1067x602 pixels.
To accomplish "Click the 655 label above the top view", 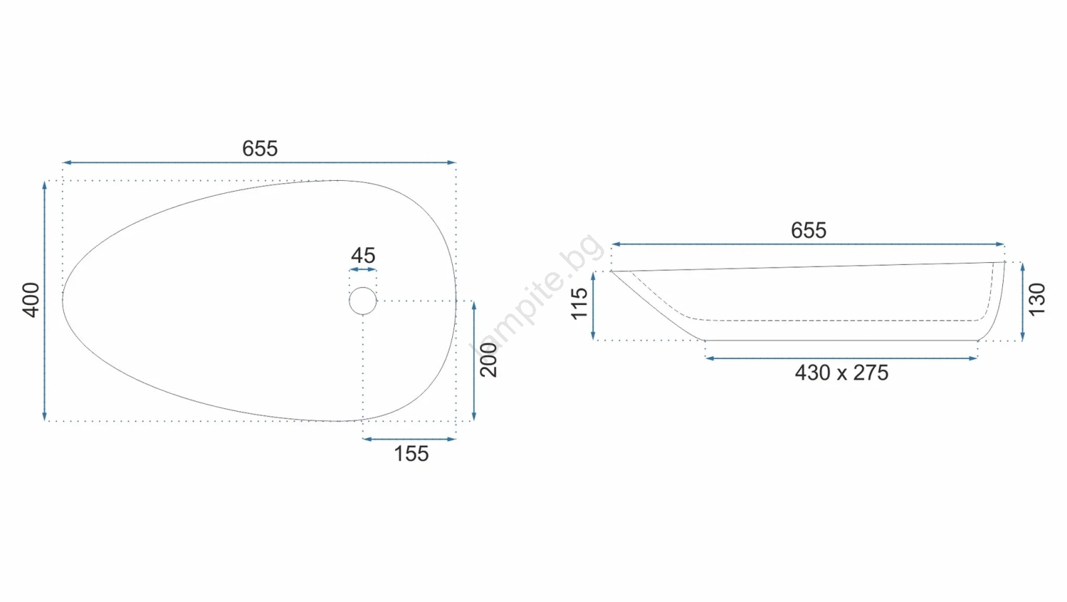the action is coord(259,148).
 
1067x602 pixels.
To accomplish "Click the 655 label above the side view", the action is coord(808,230).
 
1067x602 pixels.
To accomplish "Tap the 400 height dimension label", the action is coord(31,300).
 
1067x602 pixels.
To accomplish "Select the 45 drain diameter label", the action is coord(363,256).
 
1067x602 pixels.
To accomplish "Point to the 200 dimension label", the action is coord(489,360).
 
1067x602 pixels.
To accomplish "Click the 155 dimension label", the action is coord(411,453).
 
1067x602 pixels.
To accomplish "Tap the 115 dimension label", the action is coord(580,304).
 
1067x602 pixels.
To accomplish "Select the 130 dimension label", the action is coord(1037,300).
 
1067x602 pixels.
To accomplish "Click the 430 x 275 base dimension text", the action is coord(842,372).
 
